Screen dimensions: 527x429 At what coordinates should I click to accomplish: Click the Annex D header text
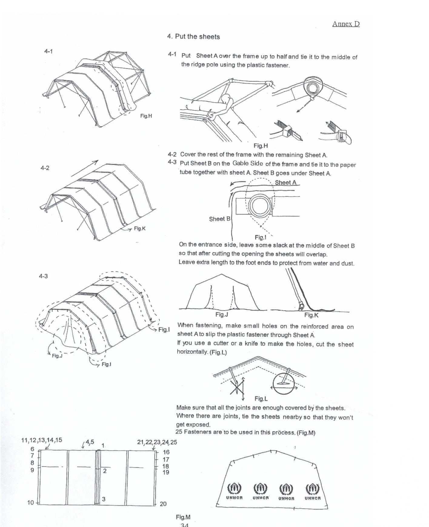pyautogui.click(x=346, y=24)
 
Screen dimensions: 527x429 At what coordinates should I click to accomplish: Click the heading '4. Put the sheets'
pyautogui.click(x=193, y=37)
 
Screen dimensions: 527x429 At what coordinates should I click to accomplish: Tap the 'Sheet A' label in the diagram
pyautogui.click(x=285, y=182)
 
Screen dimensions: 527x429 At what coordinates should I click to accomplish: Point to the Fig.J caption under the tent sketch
pyautogui.click(x=221, y=315)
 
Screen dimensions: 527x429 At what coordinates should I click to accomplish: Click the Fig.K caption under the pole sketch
pyautogui.click(x=311, y=315)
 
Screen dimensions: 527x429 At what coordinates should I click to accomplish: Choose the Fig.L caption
pyautogui.click(x=261, y=398)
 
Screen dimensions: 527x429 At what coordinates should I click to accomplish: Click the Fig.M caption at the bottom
pyautogui.click(x=183, y=517)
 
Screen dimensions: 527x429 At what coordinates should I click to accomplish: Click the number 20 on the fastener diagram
pyautogui.click(x=163, y=504)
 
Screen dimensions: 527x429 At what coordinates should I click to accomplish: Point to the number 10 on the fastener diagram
pyautogui.click(x=31, y=503)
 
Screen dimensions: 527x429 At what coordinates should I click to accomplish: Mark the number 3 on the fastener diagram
pyautogui.click(x=104, y=499)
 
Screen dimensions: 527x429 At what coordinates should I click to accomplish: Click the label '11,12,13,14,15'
pyautogui.click(x=42, y=440)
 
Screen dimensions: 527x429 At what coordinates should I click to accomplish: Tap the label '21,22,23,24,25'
pyautogui.click(x=157, y=442)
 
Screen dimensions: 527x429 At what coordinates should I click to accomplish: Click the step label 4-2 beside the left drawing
pyautogui.click(x=45, y=168)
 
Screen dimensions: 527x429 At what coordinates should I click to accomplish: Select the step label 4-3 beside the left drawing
pyautogui.click(x=43, y=276)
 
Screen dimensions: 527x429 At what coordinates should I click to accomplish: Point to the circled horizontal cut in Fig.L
pyautogui.click(x=284, y=383)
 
